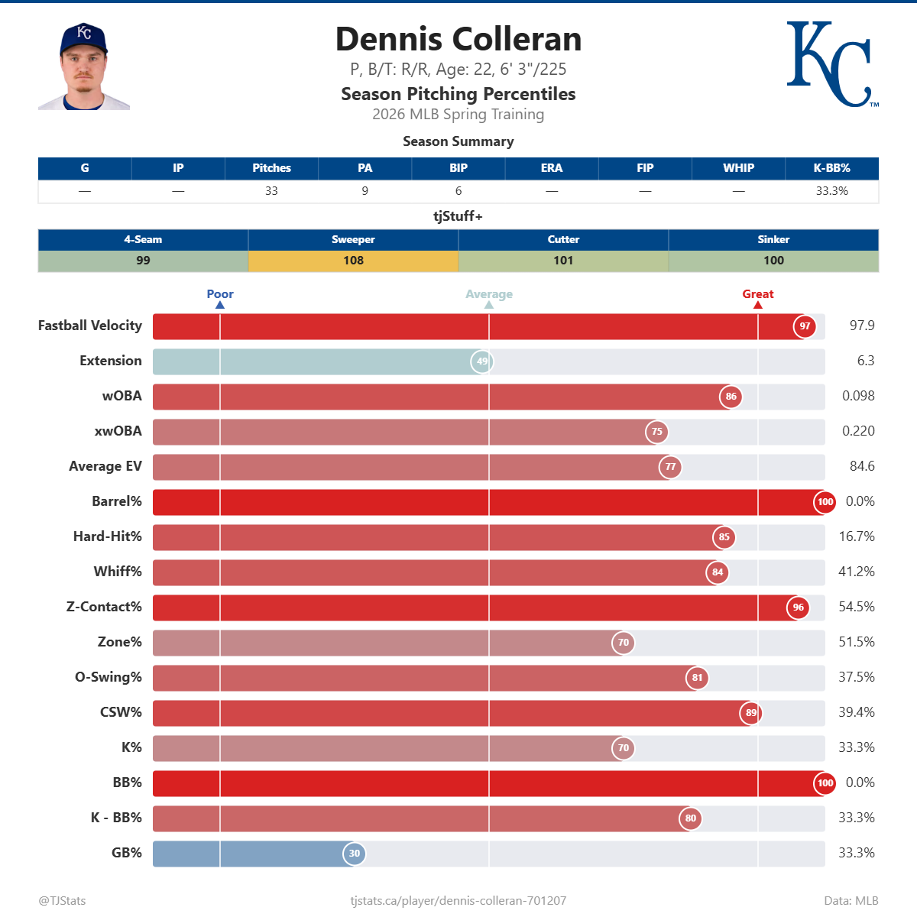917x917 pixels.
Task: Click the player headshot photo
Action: click(x=84, y=66)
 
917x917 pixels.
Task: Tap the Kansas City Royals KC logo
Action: click(x=831, y=64)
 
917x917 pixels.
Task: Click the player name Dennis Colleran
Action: click(x=458, y=39)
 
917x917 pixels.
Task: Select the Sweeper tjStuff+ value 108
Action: click(x=353, y=261)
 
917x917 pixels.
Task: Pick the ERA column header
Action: click(x=552, y=168)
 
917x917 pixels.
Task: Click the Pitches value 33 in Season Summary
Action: click(x=271, y=191)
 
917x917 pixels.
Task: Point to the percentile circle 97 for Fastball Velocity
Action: click(x=805, y=326)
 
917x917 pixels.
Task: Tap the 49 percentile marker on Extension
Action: click(x=482, y=361)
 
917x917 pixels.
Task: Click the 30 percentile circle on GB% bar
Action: click(x=354, y=854)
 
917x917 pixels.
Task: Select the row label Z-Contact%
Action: click(x=104, y=607)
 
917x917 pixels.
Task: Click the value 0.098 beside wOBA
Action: click(x=858, y=396)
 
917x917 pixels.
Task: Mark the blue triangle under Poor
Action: click(x=220, y=305)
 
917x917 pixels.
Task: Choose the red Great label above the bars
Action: click(x=757, y=294)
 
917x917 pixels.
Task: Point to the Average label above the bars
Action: click(x=489, y=294)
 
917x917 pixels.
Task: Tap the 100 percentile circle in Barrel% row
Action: click(x=825, y=502)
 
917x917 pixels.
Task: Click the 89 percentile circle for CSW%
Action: click(x=751, y=713)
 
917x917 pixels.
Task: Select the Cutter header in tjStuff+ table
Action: click(x=563, y=240)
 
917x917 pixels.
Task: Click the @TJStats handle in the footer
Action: click(x=63, y=901)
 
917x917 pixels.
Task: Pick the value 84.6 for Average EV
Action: click(x=861, y=466)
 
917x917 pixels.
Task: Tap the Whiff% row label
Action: click(x=118, y=572)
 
